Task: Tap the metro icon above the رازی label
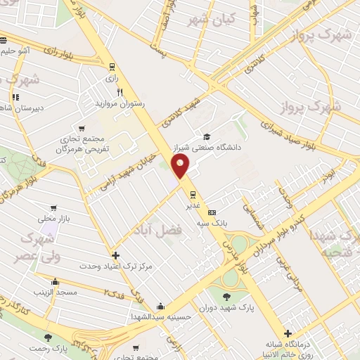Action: click(111, 67)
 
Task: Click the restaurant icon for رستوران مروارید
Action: click(120, 92)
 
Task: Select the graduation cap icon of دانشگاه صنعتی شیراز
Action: click(207, 136)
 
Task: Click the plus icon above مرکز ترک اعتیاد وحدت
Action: click(116, 255)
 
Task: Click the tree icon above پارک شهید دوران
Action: click(226, 296)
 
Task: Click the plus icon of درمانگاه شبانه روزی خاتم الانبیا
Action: click(287, 333)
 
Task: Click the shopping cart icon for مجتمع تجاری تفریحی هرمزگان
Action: click(82, 128)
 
